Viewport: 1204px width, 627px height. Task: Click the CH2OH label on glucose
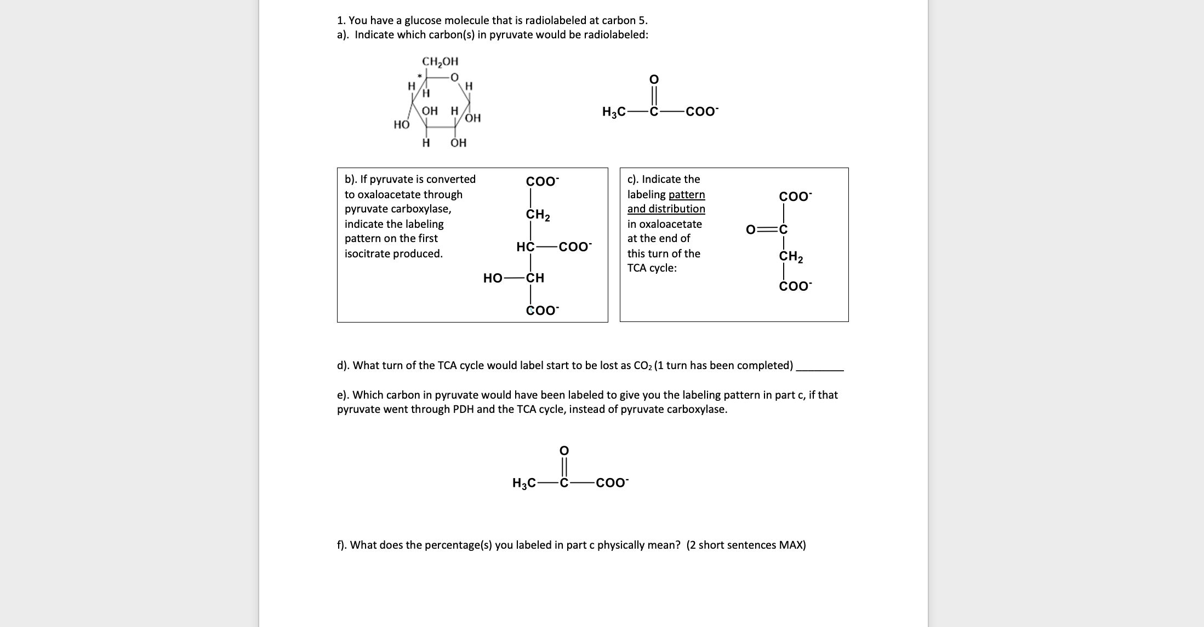(x=440, y=61)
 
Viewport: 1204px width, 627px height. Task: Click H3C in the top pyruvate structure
(x=613, y=112)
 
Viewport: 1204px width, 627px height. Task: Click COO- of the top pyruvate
(x=702, y=112)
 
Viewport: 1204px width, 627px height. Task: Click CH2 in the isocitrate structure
(x=538, y=215)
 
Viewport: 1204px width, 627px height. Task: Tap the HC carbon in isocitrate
(x=525, y=247)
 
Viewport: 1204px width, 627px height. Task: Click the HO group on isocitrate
(x=492, y=278)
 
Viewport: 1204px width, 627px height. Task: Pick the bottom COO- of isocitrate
(x=542, y=310)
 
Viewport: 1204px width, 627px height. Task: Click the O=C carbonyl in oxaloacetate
(x=767, y=229)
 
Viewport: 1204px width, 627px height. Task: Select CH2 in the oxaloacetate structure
(x=791, y=256)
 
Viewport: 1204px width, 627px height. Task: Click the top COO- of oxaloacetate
(x=795, y=197)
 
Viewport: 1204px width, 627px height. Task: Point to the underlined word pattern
(x=687, y=194)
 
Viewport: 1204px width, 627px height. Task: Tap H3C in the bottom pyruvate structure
(x=523, y=483)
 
